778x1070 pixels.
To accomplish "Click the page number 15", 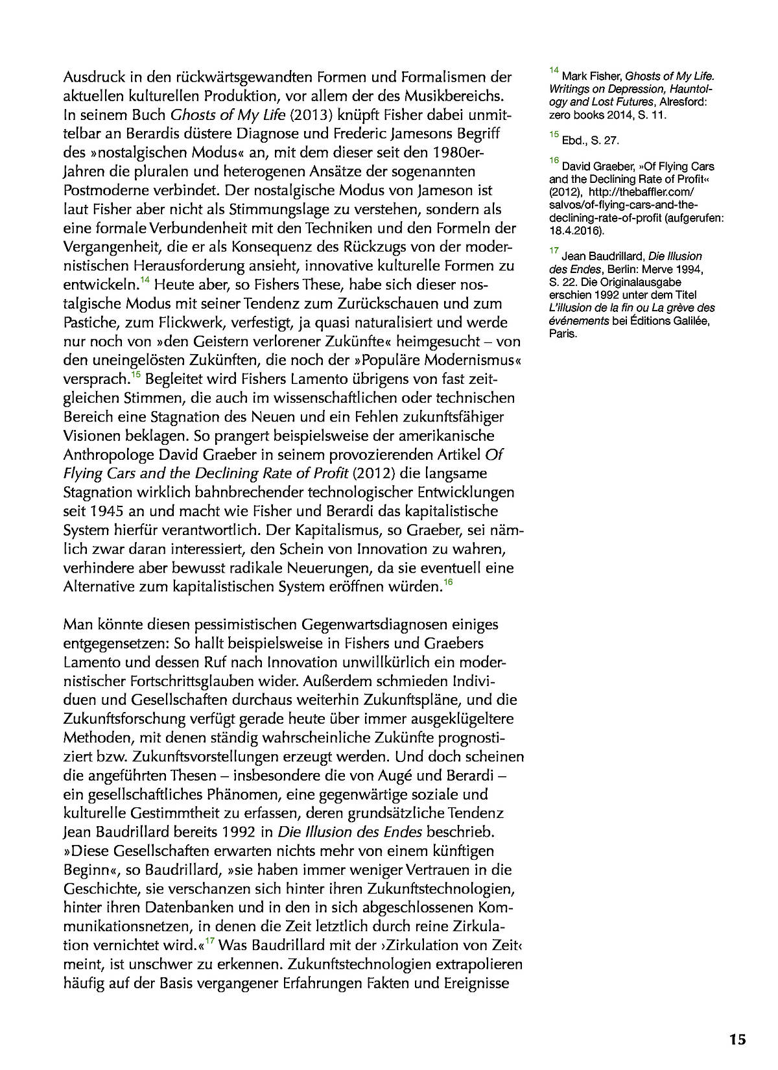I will [x=737, y=1040].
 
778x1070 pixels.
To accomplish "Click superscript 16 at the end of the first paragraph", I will [x=448, y=583].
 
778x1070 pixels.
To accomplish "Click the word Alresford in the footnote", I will [x=683, y=102].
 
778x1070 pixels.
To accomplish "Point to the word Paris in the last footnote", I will [x=562, y=334].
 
